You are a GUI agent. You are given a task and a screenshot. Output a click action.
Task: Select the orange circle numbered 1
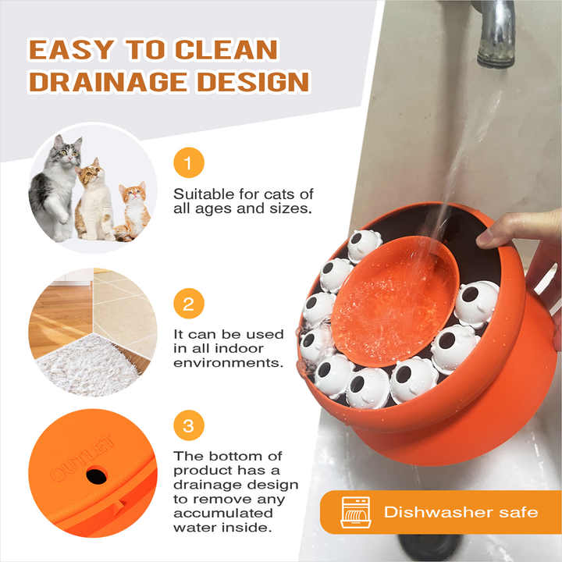click(187, 163)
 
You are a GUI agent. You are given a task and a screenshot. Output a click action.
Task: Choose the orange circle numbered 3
click(187, 426)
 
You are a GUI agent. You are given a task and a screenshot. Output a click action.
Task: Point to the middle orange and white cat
click(94, 199)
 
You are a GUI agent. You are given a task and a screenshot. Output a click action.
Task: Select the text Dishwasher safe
click(461, 513)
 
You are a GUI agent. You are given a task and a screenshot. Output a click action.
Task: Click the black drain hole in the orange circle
click(97, 474)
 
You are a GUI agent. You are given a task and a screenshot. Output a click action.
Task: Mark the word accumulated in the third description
click(223, 513)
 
